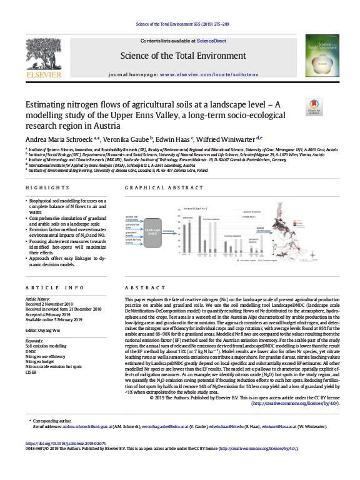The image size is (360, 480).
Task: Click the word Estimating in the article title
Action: (x=46, y=106)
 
